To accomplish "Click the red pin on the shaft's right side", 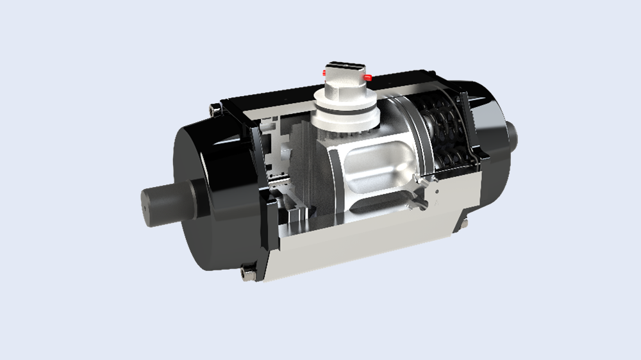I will pyautogui.click(x=367, y=78).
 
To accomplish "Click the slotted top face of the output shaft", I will pyautogui.click(x=345, y=66).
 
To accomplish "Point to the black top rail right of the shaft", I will pyautogui.click(x=410, y=81).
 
